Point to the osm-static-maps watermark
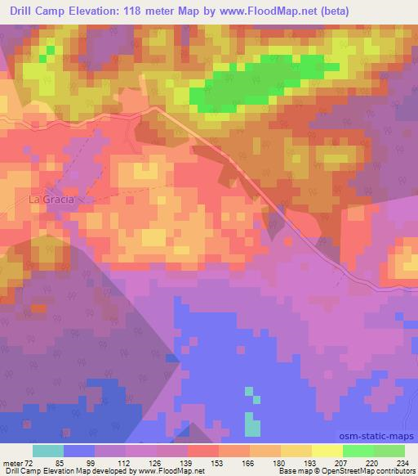pyautogui.click(x=383, y=438)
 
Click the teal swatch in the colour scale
pyautogui.click(x=48, y=451)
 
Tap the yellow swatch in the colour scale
pyautogui.click(x=327, y=451)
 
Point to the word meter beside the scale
pyautogui.click(x=11, y=462)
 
